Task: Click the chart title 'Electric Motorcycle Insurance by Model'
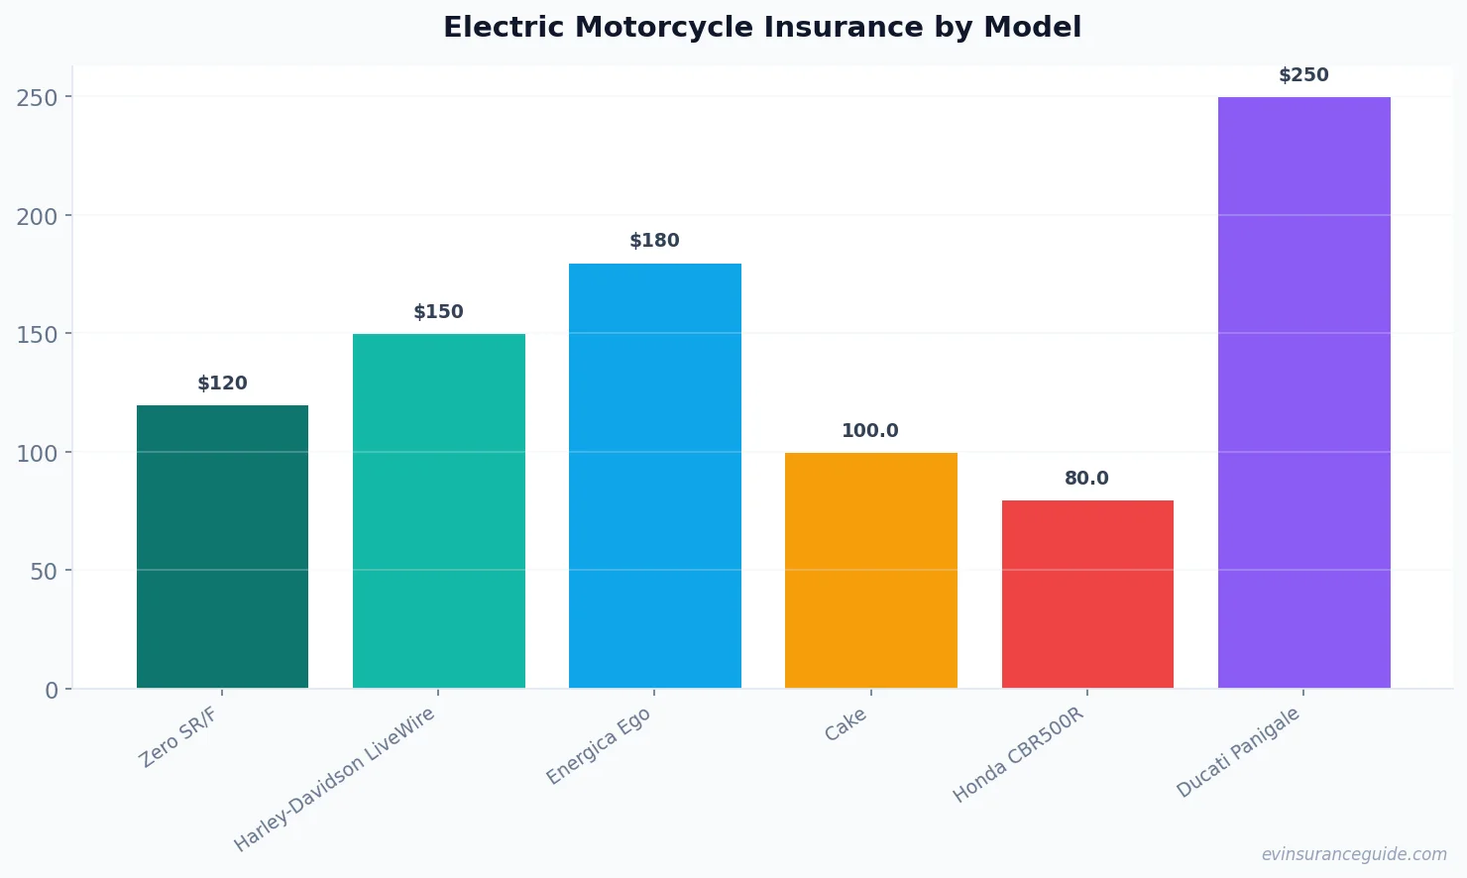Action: pyautogui.click(x=761, y=28)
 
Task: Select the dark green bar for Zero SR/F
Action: pyautogui.click(x=222, y=547)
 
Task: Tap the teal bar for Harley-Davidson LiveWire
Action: pyautogui.click(x=438, y=511)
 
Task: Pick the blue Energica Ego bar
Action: pyautogui.click(x=654, y=476)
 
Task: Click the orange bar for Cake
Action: pyautogui.click(x=870, y=571)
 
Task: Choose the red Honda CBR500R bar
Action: pyautogui.click(x=1087, y=595)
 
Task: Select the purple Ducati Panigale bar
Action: pyautogui.click(x=1303, y=392)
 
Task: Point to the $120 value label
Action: pyautogui.click(x=222, y=384)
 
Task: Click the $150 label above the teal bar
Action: pyautogui.click(x=438, y=312)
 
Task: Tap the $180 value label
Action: pyautogui.click(x=654, y=241)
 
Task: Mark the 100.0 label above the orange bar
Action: pyautogui.click(x=870, y=431)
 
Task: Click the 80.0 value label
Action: pyautogui.click(x=1086, y=479)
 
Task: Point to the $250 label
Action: pyautogui.click(x=1303, y=75)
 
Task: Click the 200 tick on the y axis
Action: pyautogui.click(x=37, y=216)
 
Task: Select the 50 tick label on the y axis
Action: pyautogui.click(x=44, y=572)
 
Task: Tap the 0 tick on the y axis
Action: pyautogui.click(x=52, y=691)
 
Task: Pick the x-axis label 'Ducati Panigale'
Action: pyautogui.click(x=1237, y=753)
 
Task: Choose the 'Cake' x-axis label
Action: pyautogui.click(x=846, y=724)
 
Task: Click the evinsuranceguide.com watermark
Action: pyautogui.click(x=1354, y=854)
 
